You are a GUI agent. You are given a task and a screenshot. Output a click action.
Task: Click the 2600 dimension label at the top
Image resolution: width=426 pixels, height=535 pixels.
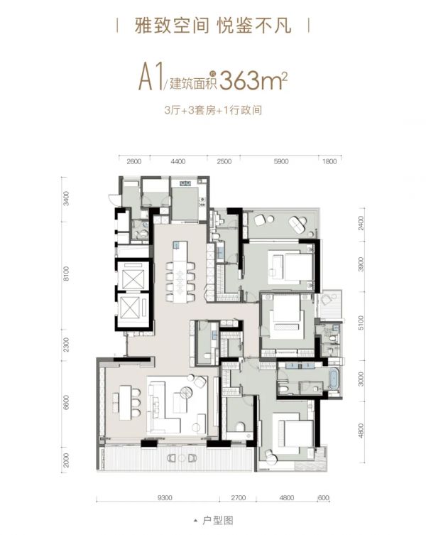point(133,161)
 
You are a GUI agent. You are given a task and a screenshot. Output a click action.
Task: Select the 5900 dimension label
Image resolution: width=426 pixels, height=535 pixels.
point(281,161)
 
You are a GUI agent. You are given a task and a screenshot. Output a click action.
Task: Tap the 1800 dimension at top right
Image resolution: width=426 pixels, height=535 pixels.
point(329,161)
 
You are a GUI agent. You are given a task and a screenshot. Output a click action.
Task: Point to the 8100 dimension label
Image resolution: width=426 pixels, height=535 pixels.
point(66,274)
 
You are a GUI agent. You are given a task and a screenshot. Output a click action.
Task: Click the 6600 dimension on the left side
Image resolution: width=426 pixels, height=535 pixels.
point(66,403)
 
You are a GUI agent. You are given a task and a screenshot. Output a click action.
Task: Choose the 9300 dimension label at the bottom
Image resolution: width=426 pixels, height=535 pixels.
point(165,498)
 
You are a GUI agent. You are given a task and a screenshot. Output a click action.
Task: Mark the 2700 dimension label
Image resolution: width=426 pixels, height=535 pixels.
point(238,498)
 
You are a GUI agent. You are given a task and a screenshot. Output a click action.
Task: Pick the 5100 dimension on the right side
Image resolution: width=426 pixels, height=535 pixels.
point(361,323)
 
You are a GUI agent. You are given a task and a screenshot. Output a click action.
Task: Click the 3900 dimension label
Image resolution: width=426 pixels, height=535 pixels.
point(361,264)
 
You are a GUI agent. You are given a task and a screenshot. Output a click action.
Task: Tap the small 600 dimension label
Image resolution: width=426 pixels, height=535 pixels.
point(323,498)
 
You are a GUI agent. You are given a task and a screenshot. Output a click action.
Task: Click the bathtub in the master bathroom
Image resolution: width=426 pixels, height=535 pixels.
point(333,379)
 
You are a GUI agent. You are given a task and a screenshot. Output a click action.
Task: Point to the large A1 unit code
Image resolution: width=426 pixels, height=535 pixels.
point(151,80)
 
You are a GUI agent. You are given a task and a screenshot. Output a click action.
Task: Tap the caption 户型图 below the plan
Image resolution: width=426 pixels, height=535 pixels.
point(217,521)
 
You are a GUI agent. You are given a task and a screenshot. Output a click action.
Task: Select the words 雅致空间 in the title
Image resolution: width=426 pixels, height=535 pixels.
point(172,26)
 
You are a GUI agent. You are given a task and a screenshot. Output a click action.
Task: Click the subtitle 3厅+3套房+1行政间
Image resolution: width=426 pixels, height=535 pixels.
point(213,111)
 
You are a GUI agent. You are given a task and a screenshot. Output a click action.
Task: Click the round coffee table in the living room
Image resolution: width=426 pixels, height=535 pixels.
point(186,392)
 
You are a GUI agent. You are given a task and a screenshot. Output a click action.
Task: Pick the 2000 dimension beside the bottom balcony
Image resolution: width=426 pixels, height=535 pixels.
point(66,460)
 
